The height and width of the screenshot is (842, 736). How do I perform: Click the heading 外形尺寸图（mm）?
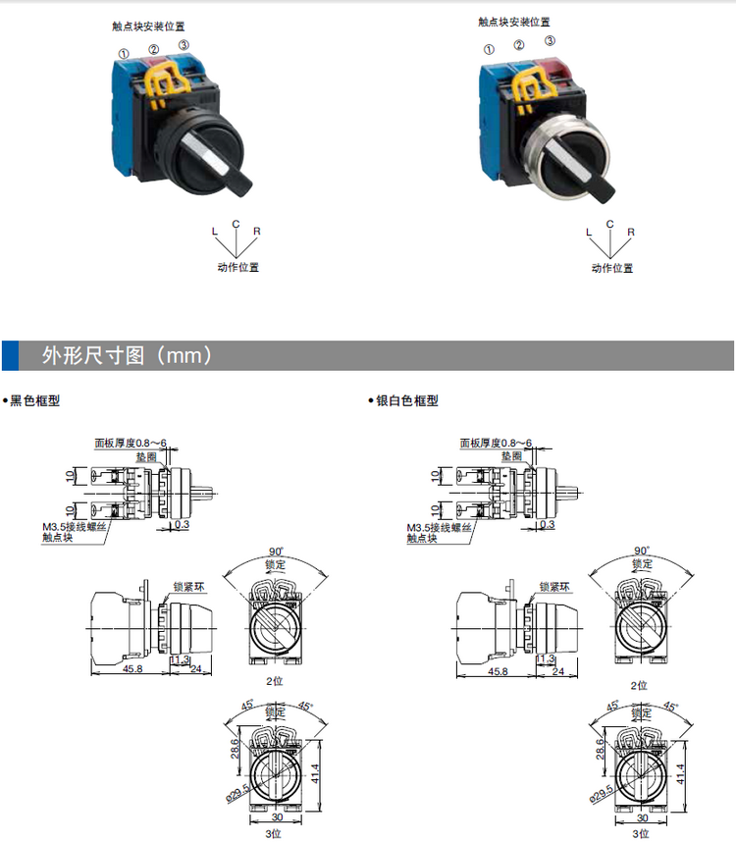pos(127,355)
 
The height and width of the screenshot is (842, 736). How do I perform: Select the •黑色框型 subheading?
pos(31,400)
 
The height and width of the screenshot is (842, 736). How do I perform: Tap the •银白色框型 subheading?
pos(403,400)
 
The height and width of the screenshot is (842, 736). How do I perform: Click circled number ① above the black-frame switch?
pos(124,54)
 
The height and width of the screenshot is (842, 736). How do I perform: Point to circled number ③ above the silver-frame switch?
pos(550,41)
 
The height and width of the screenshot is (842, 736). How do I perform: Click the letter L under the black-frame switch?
pos(215,232)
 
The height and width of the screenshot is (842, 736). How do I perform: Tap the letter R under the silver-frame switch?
pos(631,232)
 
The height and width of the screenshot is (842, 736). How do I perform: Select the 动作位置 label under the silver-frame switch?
pos(612,268)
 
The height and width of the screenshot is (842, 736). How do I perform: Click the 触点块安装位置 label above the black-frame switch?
pos(148,26)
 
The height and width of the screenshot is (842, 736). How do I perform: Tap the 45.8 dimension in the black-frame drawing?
pos(132,668)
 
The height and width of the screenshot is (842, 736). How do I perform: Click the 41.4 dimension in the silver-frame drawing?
pos(681,774)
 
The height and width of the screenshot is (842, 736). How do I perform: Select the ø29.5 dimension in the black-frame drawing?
pos(238,793)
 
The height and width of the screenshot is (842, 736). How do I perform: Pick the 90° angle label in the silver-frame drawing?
pos(642,551)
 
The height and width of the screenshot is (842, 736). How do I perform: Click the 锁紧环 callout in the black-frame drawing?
pos(189,587)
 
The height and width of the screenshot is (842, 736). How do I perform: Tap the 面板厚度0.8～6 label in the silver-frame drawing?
pos(496,443)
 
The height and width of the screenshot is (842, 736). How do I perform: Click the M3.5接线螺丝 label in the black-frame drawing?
pos(74,527)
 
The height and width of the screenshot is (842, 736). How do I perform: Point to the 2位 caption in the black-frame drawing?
pos(275,681)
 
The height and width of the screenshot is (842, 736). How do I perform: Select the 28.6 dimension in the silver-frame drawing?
pos(601,749)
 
